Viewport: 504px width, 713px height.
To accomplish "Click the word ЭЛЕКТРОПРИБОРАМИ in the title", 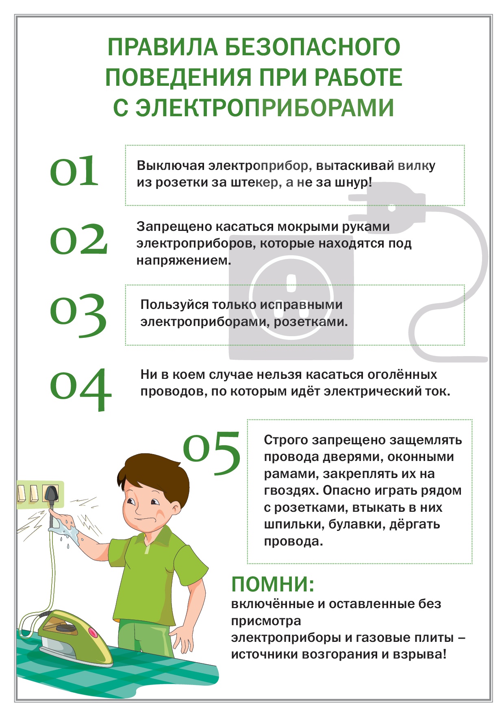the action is [x=265, y=108].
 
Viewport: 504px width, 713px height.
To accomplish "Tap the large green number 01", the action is [x=74, y=171].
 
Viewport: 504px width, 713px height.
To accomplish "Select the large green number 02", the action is [x=79, y=239].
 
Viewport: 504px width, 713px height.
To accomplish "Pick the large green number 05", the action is [x=212, y=453].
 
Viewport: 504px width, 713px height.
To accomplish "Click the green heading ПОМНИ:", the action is [x=273, y=585].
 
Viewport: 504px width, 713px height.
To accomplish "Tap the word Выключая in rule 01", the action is [x=171, y=166].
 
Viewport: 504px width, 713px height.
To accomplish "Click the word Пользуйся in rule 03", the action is [x=174, y=305].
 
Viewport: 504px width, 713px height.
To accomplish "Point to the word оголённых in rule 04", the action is [x=402, y=374].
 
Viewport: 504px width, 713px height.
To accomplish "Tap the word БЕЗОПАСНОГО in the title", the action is [x=312, y=47].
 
